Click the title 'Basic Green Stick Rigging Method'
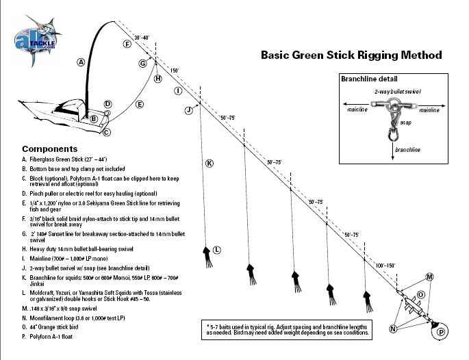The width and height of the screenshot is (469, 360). pos(351,55)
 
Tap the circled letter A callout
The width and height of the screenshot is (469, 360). pos(81,62)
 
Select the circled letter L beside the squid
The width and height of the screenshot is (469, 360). pos(217,250)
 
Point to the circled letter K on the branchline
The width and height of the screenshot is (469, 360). pos(209,163)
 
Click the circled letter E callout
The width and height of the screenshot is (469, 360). pos(139,105)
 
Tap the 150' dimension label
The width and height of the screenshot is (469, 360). pos(174,70)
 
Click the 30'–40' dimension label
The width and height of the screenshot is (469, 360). pos(142,38)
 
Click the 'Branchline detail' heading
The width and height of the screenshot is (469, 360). pos(369,79)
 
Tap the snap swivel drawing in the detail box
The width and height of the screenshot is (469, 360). pos(394,130)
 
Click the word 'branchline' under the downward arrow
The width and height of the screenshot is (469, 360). pos(407,149)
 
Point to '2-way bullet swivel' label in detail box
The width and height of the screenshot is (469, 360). pos(397,91)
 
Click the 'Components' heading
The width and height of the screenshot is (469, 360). pos(49,149)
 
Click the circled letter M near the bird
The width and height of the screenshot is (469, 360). pos(430,277)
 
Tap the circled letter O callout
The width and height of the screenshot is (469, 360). pos(421,295)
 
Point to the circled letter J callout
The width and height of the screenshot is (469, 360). pos(188,110)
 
